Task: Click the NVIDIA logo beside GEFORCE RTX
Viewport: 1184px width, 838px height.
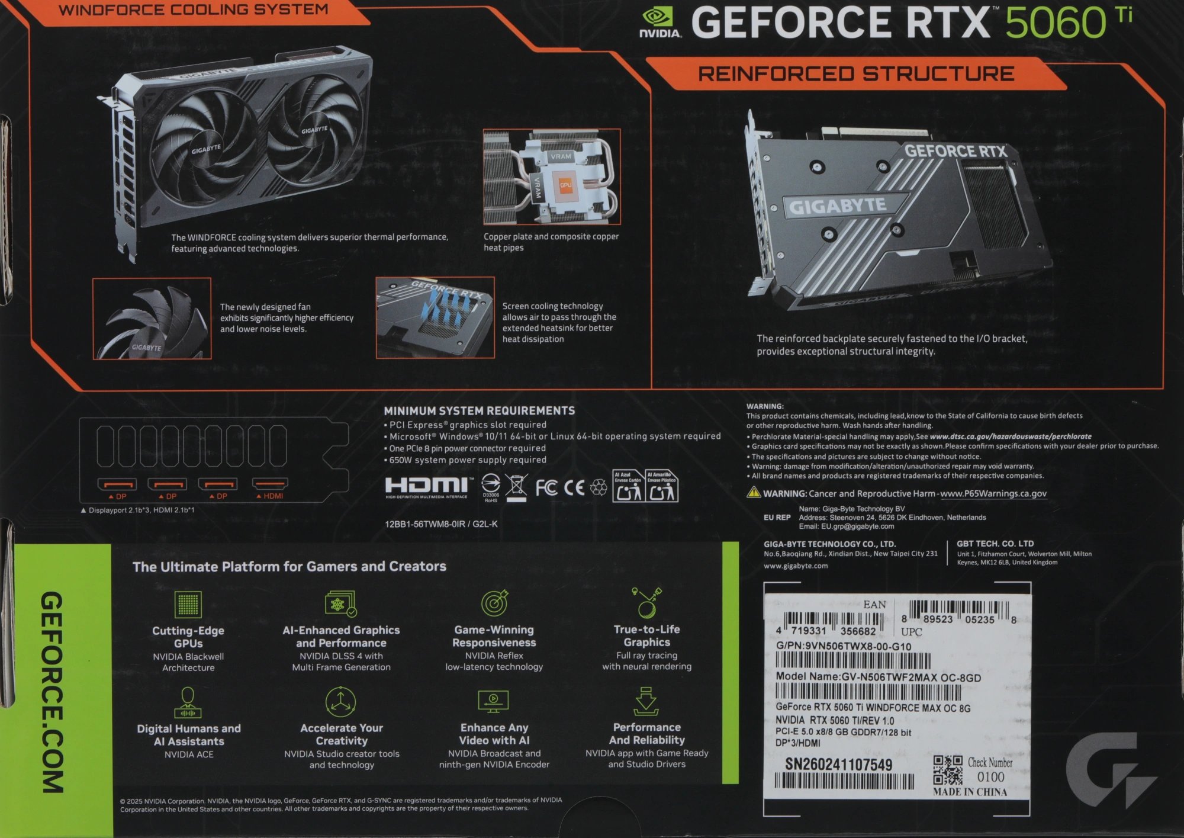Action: pyautogui.click(x=660, y=23)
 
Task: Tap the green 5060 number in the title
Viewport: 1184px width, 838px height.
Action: pyautogui.click(x=1056, y=23)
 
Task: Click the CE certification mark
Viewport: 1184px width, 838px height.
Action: pyautogui.click(x=574, y=488)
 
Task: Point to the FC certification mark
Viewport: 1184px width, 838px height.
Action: pyautogui.click(x=546, y=488)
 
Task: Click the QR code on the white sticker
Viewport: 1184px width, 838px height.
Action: pyautogui.click(x=948, y=770)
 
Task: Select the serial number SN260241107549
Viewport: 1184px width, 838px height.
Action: pyautogui.click(x=838, y=765)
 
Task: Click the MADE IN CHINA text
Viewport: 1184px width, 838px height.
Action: pyautogui.click(x=970, y=792)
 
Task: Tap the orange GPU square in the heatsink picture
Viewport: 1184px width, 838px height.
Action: pyautogui.click(x=565, y=185)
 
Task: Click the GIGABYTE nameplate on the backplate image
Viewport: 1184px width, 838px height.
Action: pyautogui.click(x=838, y=206)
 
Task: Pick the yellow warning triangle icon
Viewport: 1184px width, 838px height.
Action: pyautogui.click(x=754, y=492)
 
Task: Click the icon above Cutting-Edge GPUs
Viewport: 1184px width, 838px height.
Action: pyautogui.click(x=188, y=604)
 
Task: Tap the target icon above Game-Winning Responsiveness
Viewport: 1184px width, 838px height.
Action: pyautogui.click(x=495, y=603)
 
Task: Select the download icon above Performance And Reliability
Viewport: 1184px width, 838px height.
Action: pyautogui.click(x=646, y=701)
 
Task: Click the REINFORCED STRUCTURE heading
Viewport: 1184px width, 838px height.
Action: pyautogui.click(x=856, y=74)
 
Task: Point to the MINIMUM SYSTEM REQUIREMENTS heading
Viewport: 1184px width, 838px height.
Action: pyautogui.click(x=479, y=411)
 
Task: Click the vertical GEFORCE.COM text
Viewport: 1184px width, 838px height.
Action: pyautogui.click(x=52, y=692)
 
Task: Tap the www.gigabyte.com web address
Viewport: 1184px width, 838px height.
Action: pyautogui.click(x=796, y=566)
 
